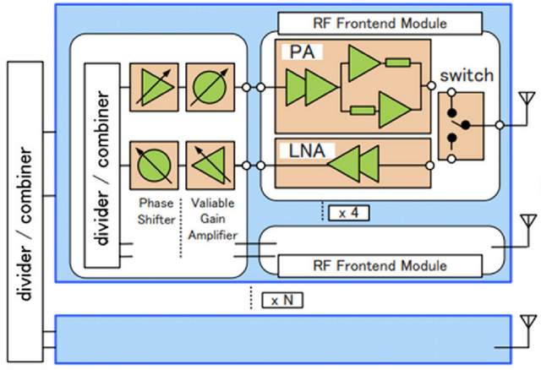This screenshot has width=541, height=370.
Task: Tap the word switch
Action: point(467,76)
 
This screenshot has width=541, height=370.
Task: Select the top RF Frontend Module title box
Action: point(380,23)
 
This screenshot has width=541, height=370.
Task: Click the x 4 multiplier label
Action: point(348,213)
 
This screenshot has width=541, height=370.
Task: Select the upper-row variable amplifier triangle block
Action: point(153,87)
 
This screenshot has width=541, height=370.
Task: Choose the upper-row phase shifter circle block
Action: point(207,87)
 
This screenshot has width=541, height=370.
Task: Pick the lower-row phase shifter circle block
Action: point(153,164)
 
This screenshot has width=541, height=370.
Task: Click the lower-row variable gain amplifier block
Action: point(207,164)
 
